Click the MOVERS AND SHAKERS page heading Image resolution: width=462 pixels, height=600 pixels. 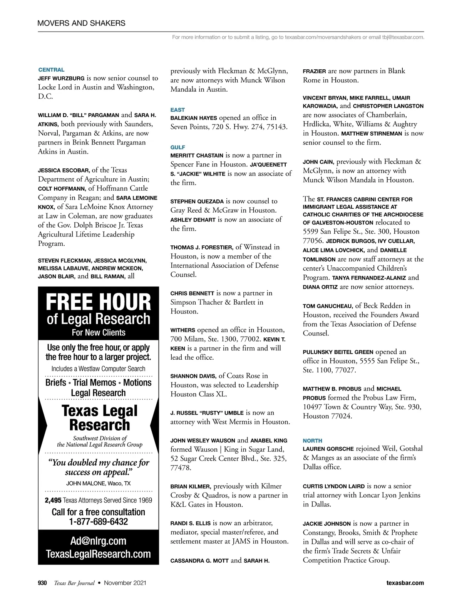tap(81, 23)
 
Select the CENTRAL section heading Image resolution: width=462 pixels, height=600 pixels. tap(51, 70)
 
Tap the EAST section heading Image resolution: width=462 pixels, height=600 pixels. tap(177, 110)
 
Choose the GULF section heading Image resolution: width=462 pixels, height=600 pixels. tap(177, 147)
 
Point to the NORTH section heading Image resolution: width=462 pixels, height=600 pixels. tap(312, 441)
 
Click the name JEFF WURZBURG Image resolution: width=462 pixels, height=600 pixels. tap(61, 78)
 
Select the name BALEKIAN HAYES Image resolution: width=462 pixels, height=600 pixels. tap(194, 118)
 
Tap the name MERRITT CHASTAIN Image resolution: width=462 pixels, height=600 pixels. tap(197, 156)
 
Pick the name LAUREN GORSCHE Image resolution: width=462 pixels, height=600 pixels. tap(328, 449)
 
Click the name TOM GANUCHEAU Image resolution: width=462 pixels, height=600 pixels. tap(328, 306)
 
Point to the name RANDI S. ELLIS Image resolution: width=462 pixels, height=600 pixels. tap(190, 523)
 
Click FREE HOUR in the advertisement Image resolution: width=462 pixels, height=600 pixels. tap(99, 302)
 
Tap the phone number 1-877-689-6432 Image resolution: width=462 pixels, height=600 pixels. tap(99, 522)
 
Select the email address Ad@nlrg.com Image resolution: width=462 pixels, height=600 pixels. tap(98, 541)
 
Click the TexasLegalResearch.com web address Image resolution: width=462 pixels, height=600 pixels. tap(98, 554)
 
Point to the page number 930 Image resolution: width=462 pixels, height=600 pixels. tap(42, 583)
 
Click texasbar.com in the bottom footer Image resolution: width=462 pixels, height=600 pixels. tap(405, 583)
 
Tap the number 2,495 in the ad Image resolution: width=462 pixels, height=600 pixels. tap(53, 500)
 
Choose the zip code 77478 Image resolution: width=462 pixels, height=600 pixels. tap(181, 468)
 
